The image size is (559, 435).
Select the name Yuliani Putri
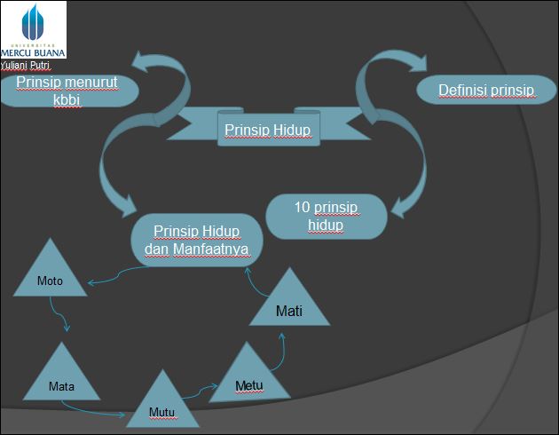coord(26,65)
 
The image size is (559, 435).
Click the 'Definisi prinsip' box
coord(485,90)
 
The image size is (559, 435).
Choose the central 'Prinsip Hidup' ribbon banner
coord(266,130)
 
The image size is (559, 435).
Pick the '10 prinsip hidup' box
coord(326,216)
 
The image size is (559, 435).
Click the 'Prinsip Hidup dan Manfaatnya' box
coord(197,240)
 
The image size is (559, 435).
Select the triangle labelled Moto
coord(51,274)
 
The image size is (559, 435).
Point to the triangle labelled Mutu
coord(161,405)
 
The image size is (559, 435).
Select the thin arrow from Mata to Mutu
coord(98,411)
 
